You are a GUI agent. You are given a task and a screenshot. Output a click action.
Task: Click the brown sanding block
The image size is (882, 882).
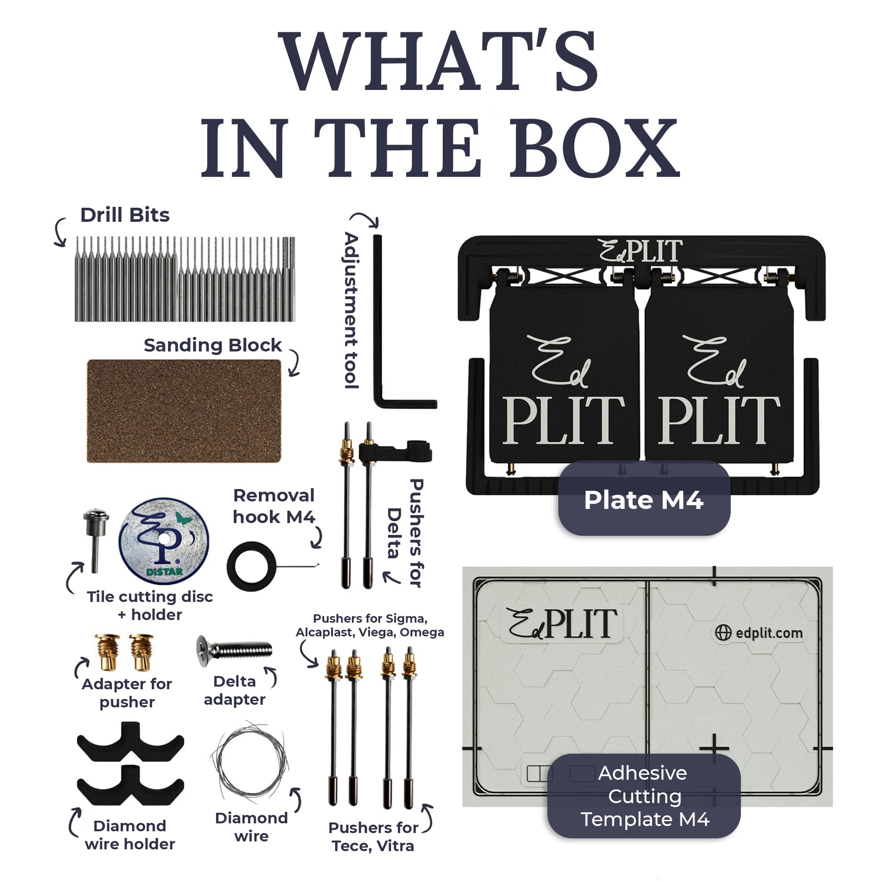tap(184, 411)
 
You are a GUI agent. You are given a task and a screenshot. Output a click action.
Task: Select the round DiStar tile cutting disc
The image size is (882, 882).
tap(164, 541)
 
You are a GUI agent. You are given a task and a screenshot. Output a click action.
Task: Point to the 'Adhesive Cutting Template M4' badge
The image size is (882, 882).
tap(644, 796)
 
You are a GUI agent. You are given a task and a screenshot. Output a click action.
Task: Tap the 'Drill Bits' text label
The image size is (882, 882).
tap(125, 215)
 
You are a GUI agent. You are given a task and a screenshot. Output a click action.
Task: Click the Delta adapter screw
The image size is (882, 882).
tap(234, 650)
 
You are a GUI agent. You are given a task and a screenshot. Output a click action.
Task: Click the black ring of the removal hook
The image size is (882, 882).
tap(251, 566)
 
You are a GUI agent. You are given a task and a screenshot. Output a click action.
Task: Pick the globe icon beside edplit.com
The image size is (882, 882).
tap(723, 633)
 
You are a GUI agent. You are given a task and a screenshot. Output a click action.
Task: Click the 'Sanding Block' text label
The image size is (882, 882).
tap(213, 345)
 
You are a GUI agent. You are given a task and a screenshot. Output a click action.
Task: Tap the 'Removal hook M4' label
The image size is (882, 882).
tap(274, 506)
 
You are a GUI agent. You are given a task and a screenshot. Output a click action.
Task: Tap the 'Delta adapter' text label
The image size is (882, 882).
tap(235, 690)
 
